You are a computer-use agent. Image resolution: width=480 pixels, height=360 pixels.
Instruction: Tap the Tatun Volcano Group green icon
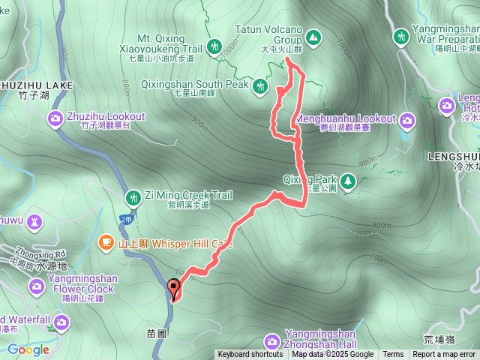(x=312, y=35)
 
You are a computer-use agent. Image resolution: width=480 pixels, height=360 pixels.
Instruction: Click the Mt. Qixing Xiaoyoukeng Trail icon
(x=214, y=46)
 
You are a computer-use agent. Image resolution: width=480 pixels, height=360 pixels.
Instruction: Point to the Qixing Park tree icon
(x=348, y=180)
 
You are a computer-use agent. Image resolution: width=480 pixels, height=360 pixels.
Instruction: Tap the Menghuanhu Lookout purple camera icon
(x=407, y=119)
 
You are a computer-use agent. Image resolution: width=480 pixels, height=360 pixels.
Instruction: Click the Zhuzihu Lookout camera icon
(x=55, y=118)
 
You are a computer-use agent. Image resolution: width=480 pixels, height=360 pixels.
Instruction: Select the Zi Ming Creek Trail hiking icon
(x=133, y=196)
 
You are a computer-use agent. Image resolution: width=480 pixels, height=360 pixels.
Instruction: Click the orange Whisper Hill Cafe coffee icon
(x=106, y=242)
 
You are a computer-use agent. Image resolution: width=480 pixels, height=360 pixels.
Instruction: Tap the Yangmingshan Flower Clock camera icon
(x=36, y=286)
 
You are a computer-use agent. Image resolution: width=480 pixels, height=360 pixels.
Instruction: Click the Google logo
(x=28, y=349)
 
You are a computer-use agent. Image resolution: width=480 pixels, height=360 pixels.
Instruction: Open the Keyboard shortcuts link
(x=250, y=355)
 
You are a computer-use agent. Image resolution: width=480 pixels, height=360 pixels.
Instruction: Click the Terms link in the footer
(x=393, y=355)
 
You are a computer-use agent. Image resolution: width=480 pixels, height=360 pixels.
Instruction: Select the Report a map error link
(x=444, y=355)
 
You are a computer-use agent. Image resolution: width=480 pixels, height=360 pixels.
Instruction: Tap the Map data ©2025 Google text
(x=332, y=355)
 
